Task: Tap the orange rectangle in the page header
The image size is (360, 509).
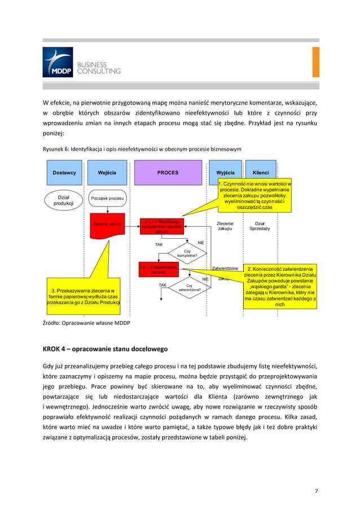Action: click(x=315, y=62)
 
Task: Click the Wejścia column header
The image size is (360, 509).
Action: click(x=107, y=173)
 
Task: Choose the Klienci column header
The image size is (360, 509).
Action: click(x=261, y=173)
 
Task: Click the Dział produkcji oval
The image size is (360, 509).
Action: click(x=60, y=200)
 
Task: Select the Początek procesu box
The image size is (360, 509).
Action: click(x=107, y=199)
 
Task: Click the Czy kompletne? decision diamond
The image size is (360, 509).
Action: click(x=187, y=253)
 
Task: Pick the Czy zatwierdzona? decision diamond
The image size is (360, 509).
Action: click(x=189, y=288)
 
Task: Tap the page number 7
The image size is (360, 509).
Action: click(x=317, y=490)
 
